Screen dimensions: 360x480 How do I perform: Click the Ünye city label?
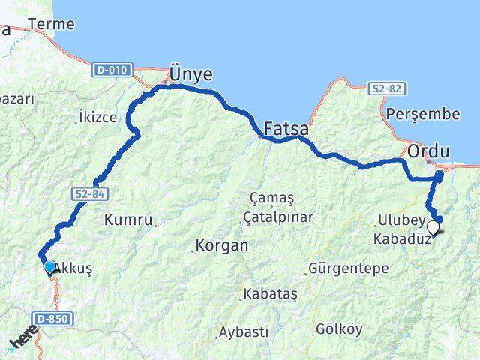[x=192, y=73]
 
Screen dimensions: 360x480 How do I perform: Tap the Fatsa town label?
[x=286, y=127]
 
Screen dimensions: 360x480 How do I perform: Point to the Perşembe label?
[x=421, y=114]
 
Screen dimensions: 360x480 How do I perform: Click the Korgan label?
[x=217, y=244]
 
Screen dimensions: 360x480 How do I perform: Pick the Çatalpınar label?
[x=278, y=217]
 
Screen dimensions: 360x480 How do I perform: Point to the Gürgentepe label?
[x=347, y=268]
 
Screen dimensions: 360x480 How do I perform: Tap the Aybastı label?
[x=243, y=331]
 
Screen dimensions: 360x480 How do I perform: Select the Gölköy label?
[x=339, y=328]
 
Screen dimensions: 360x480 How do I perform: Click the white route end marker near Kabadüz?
[x=433, y=227]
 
